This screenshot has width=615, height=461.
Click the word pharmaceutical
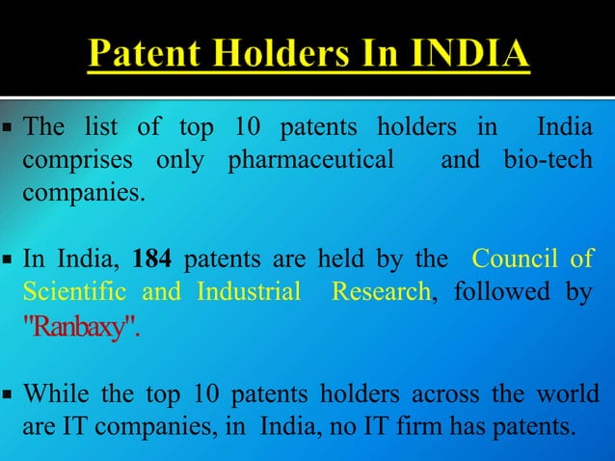[x=310, y=158]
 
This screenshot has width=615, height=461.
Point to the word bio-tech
[x=548, y=158]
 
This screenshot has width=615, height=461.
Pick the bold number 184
[x=152, y=258]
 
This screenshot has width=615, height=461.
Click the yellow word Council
[x=517, y=258]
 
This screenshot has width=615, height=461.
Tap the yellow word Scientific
[x=76, y=290]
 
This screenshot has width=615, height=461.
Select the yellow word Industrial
[x=249, y=290]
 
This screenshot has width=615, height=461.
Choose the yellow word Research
[x=380, y=290]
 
